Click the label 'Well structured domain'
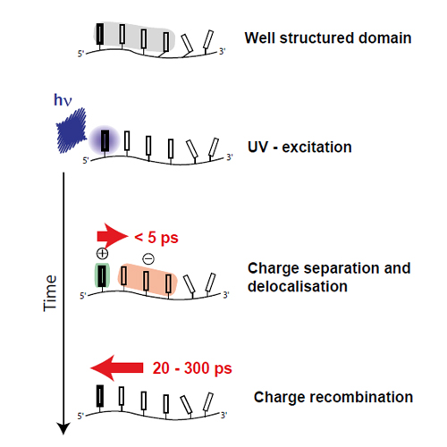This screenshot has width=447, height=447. [328, 38]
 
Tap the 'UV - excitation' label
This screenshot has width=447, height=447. [299, 148]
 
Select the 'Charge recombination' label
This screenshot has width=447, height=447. [333, 397]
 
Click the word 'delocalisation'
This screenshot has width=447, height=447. [298, 286]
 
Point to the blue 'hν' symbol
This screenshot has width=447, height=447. [63, 100]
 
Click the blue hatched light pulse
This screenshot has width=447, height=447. [72, 131]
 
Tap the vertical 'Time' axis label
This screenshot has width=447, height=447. [50, 293]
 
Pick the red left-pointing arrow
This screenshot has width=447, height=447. [117, 368]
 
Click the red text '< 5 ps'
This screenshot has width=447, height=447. [156, 238]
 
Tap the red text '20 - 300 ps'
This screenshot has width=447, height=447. [192, 368]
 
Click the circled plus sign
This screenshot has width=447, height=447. [102, 254]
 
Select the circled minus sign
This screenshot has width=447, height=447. [148, 258]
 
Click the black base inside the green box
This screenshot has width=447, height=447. [102, 275]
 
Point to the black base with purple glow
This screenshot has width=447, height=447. [105, 140]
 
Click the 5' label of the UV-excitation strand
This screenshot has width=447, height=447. [86, 161]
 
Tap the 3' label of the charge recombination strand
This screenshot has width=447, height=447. [224, 415]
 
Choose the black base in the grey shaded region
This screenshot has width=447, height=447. [100, 34]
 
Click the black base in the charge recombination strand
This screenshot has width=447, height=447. [100, 396]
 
